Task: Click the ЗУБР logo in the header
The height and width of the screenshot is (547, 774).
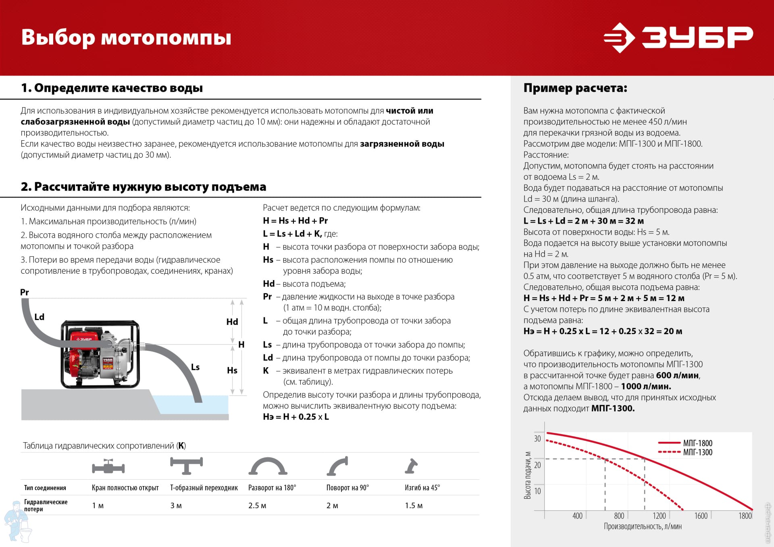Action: click(x=678, y=38)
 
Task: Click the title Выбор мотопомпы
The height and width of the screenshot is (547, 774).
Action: click(x=126, y=38)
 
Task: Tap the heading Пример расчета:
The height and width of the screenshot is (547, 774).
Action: click(x=575, y=88)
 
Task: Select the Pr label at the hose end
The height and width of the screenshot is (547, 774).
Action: click(x=25, y=292)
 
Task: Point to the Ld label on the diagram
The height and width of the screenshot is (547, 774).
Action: click(x=39, y=317)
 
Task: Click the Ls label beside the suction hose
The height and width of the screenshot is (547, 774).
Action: click(x=195, y=367)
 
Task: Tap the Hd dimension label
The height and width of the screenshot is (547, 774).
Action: click(x=232, y=322)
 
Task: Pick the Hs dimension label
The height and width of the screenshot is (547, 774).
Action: click(x=232, y=370)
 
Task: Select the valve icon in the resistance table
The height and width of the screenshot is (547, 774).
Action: click(x=108, y=467)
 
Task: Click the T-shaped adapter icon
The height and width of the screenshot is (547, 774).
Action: click(x=186, y=466)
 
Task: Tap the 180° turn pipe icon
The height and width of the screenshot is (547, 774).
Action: click(x=268, y=467)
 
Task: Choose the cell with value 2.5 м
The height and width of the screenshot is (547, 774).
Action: click(x=257, y=505)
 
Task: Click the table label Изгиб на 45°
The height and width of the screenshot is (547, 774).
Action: click(x=422, y=488)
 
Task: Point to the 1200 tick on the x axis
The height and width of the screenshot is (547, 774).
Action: click(x=659, y=516)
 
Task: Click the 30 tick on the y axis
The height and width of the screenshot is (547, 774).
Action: click(x=537, y=439)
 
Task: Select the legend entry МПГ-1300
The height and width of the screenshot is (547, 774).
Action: click(x=697, y=452)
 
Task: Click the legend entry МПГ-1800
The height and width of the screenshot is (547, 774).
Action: click(x=697, y=443)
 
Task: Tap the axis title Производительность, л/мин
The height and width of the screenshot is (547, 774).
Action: click(x=643, y=526)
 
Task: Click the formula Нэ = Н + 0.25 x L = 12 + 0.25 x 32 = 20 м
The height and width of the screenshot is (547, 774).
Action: click(x=603, y=331)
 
